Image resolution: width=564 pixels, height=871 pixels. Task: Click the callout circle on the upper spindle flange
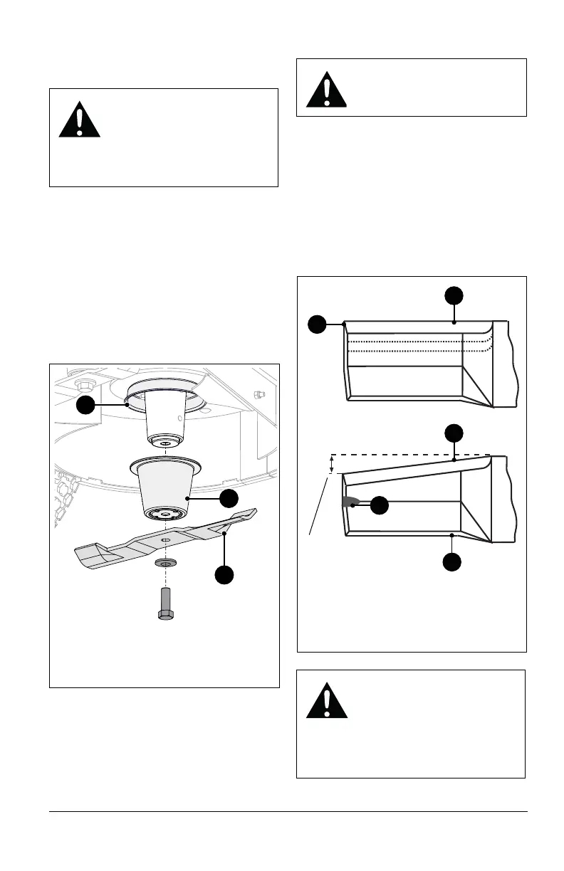(86, 404)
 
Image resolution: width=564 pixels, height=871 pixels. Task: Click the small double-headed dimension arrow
(330, 464)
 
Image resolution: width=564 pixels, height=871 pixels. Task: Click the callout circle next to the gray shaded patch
(380, 505)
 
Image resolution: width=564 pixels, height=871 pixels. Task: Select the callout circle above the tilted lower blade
(454, 433)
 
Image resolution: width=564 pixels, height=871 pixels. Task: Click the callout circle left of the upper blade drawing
(318, 324)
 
